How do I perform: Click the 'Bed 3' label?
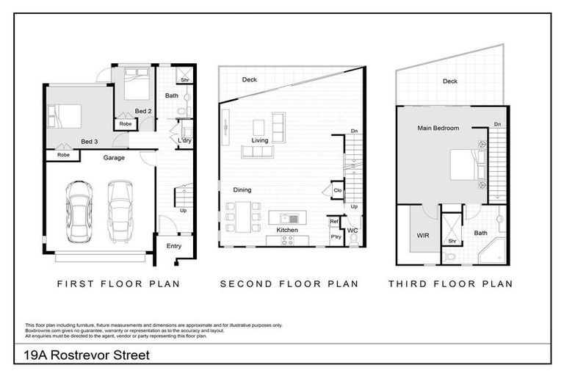click(89, 141)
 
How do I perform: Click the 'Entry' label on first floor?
click(174, 246)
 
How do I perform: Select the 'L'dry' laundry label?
click(184, 139)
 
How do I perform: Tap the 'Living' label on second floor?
click(260, 140)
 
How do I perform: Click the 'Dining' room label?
click(242, 189)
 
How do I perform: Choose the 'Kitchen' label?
click(287, 231)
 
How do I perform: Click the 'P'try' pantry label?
click(336, 238)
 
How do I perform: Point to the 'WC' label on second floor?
click(352, 231)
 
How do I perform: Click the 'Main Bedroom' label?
click(438, 128)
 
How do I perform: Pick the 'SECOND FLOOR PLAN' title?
click(289, 283)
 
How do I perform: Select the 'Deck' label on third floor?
click(449, 82)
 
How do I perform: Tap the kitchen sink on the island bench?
click(292, 217)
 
